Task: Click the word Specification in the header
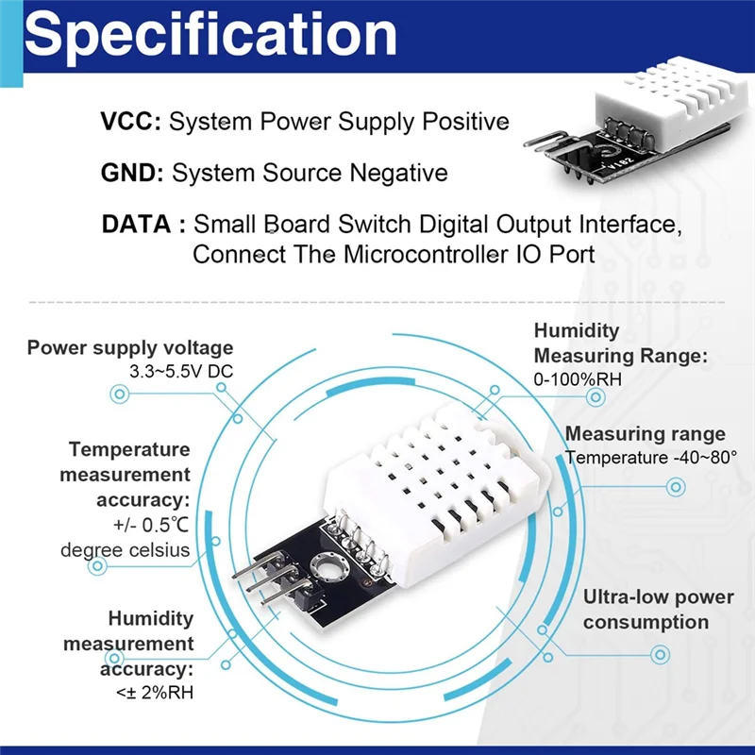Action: click(210, 34)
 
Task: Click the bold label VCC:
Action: click(131, 122)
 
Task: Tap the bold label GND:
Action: click(133, 174)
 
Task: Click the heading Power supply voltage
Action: click(129, 347)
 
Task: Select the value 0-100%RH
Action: click(578, 379)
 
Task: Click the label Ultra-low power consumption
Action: click(658, 609)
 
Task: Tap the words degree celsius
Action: click(126, 549)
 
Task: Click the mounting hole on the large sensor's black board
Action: click(331, 567)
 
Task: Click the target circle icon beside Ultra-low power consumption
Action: click(661, 654)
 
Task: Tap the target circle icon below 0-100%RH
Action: click(596, 398)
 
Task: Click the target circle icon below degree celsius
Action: click(97, 567)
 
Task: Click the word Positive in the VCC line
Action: click(464, 122)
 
